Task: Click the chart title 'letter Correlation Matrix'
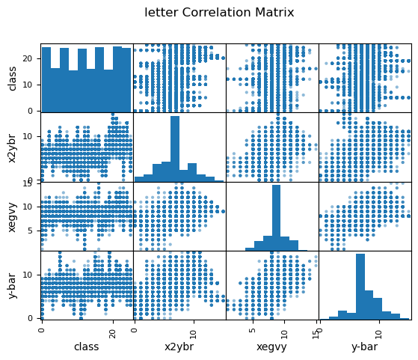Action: [219, 13]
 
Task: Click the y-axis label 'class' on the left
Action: [12, 79]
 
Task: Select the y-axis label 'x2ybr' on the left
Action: [12, 148]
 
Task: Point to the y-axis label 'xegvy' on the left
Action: [12, 218]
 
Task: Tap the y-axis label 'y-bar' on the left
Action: [12, 286]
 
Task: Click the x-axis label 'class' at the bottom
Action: [87, 347]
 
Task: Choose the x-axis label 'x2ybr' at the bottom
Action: [179, 347]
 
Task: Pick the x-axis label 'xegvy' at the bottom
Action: [271, 347]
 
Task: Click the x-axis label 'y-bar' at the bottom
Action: [365, 347]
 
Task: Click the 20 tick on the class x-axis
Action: [114, 334]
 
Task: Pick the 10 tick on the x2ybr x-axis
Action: [194, 334]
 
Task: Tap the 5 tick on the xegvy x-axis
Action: [253, 330]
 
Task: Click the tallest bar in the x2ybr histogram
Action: [175, 149]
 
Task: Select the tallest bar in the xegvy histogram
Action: [276, 218]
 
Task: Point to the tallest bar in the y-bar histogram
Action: [360, 287]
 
